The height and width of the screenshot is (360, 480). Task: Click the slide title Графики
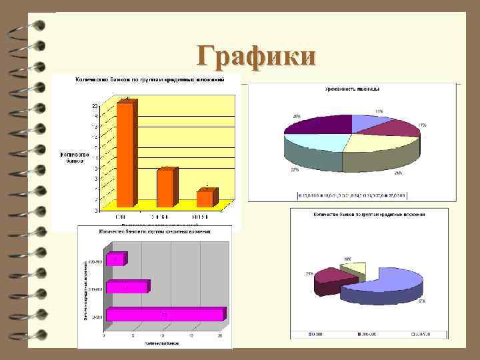(256, 56)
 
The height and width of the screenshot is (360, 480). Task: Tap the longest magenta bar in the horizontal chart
(165, 314)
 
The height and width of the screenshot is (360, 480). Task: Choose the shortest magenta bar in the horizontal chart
(115, 259)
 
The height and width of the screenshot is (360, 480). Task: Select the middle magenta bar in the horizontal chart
(127, 287)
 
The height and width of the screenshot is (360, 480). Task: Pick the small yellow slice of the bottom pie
(353, 267)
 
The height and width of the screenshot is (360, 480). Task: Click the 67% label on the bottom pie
(421, 302)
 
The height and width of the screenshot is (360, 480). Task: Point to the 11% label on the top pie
(379, 111)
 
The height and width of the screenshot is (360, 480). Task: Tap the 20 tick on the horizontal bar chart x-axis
(220, 335)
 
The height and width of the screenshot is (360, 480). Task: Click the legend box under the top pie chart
(353, 196)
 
